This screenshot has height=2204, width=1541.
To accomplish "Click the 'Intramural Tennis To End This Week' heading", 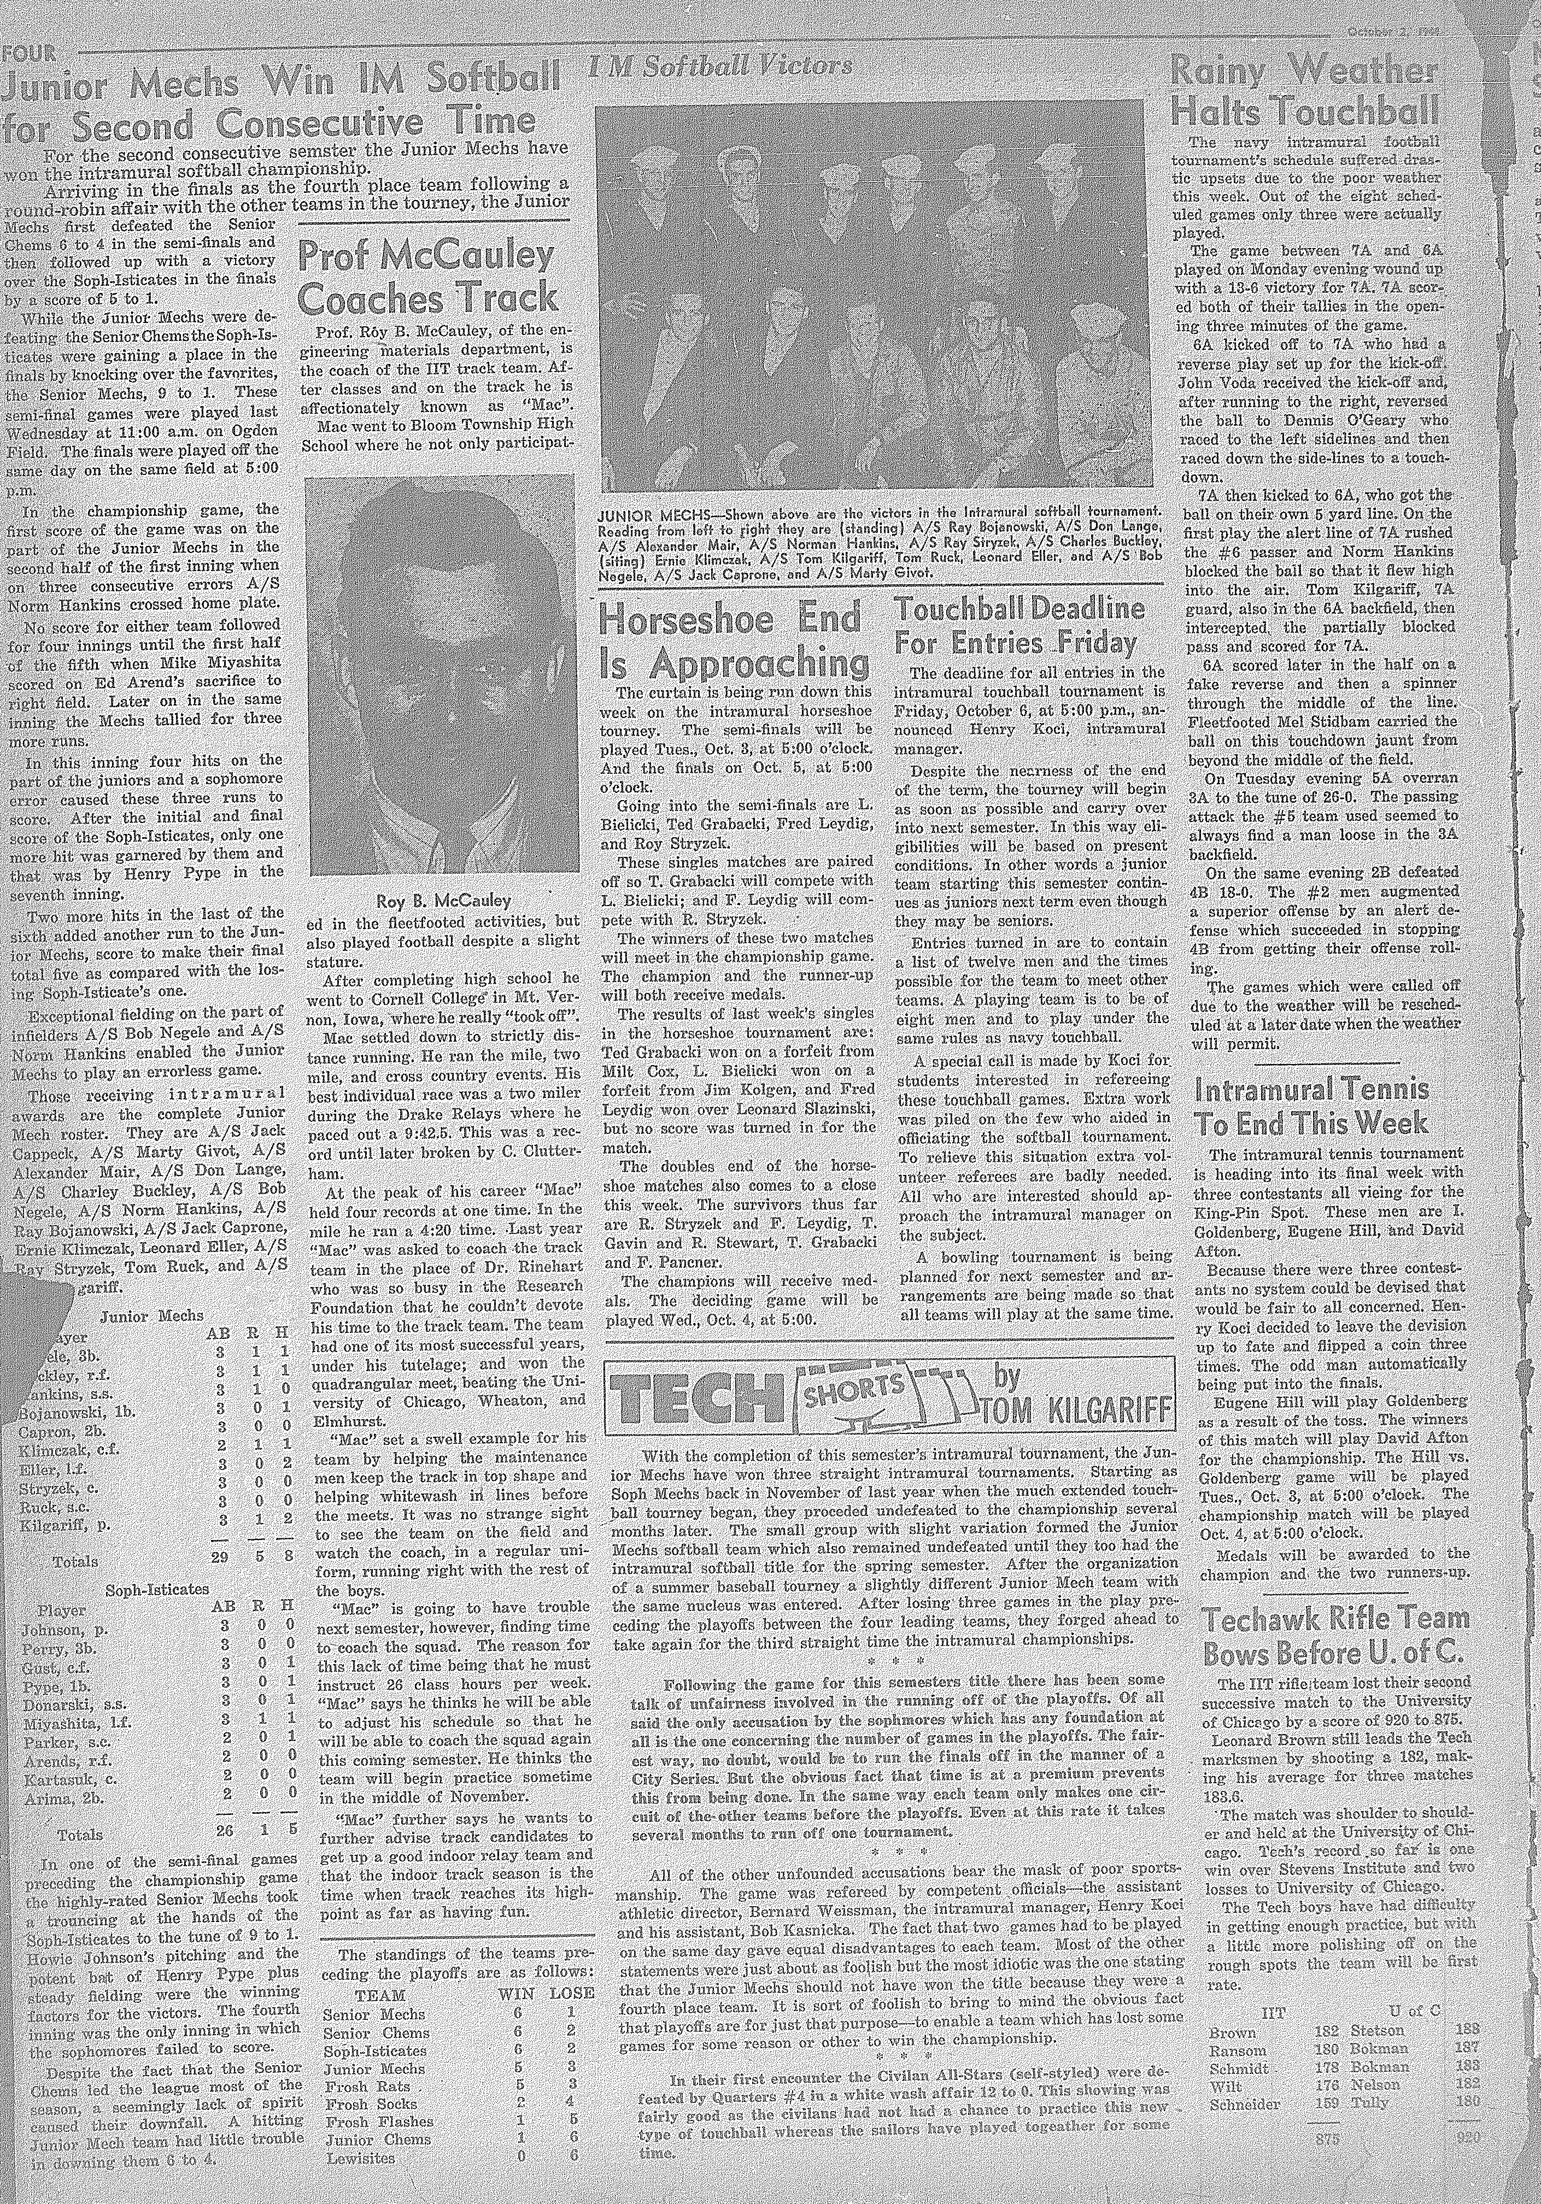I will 1310,1106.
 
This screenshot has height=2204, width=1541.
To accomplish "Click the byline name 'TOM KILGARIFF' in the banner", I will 1078,1409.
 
